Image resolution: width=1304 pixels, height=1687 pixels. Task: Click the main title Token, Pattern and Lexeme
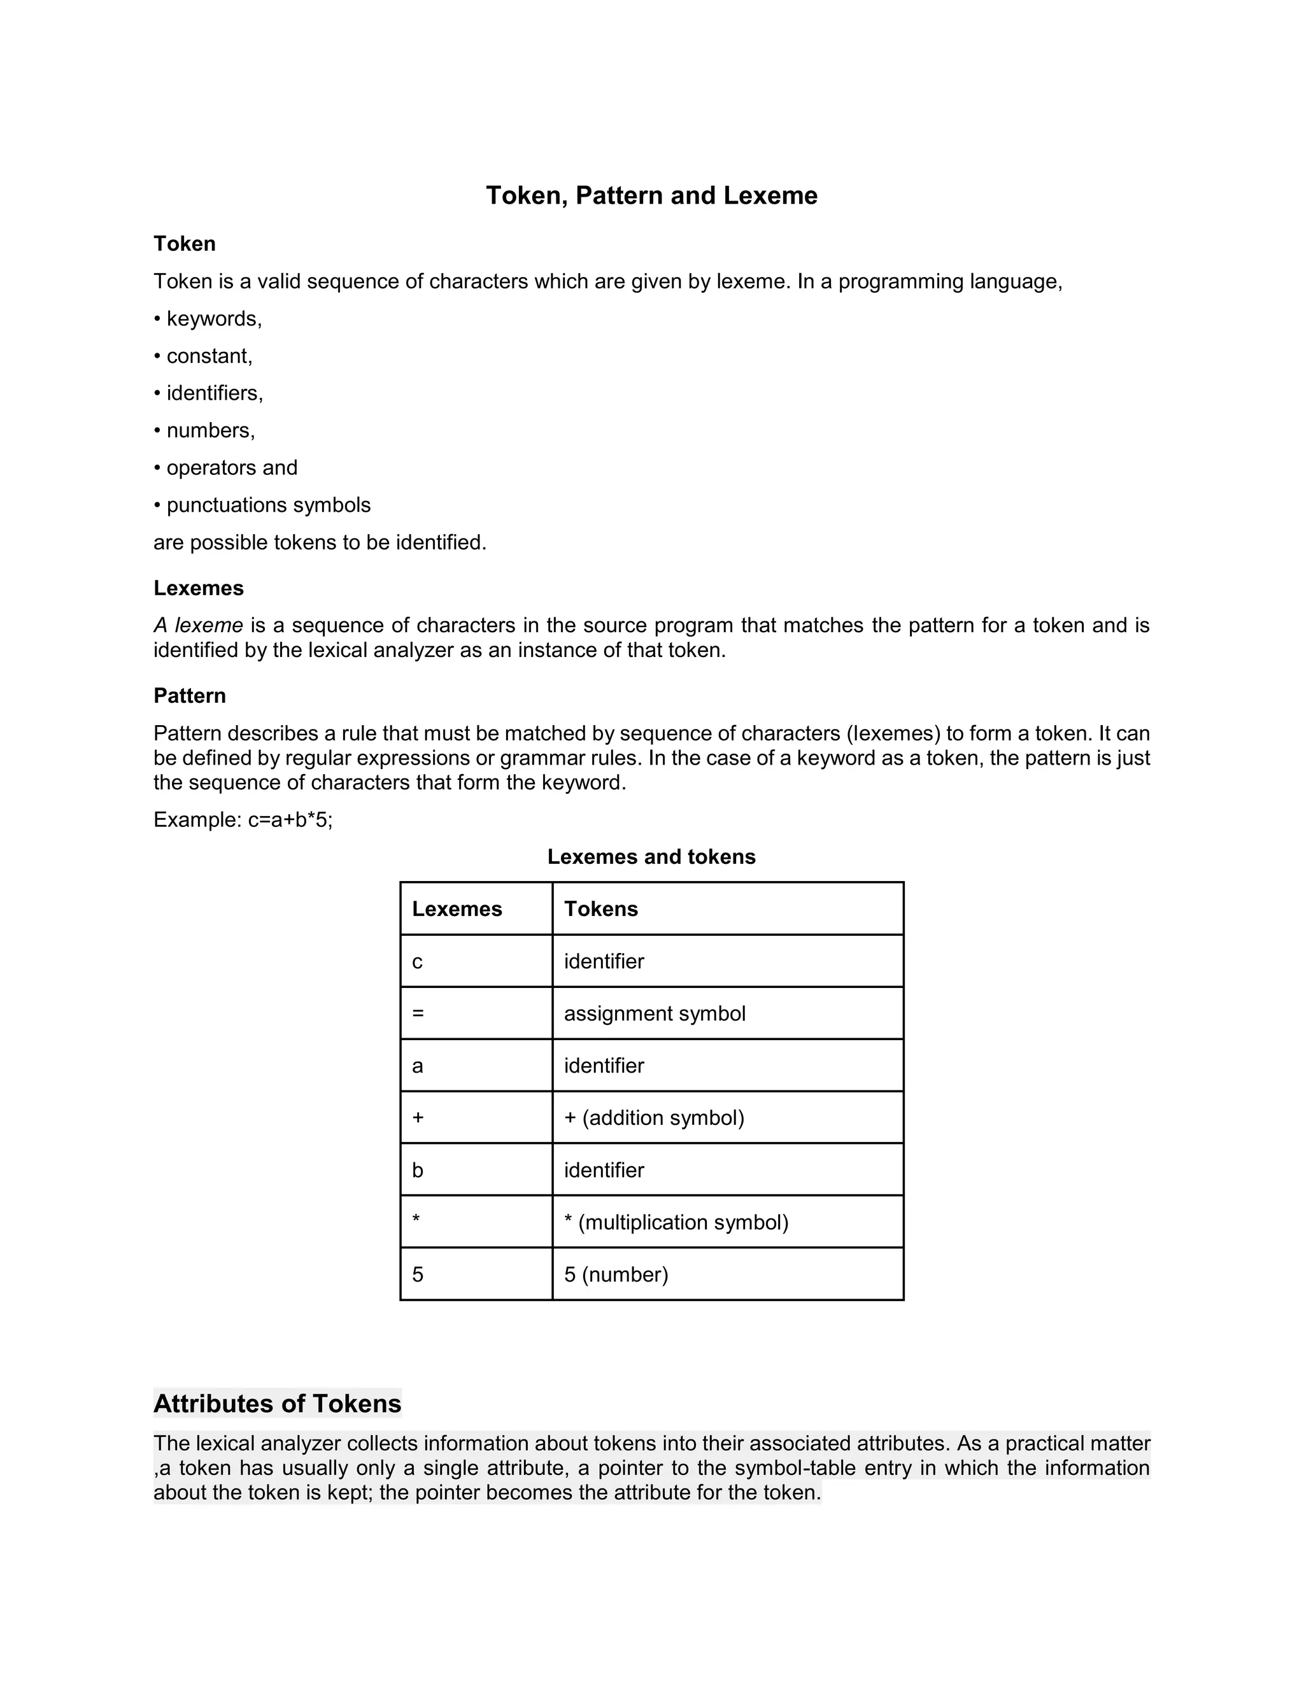[x=651, y=195]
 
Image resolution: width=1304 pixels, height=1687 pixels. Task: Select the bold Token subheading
[x=185, y=243]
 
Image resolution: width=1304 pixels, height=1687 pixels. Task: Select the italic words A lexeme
[x=199, y=625]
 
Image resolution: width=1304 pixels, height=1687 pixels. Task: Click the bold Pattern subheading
[x=190, y=695]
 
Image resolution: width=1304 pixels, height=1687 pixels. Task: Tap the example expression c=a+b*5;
[x=290, y=819]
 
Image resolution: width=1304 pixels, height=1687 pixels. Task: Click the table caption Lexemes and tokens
[x=651, y=857]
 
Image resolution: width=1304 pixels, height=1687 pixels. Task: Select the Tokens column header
[x=601, y=908]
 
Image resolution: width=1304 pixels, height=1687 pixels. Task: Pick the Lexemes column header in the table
[x=457, y=908]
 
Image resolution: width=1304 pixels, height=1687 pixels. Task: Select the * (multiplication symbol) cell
[x=676, y=1222]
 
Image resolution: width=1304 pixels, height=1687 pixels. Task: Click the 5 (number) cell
[x=616, y=1274]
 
